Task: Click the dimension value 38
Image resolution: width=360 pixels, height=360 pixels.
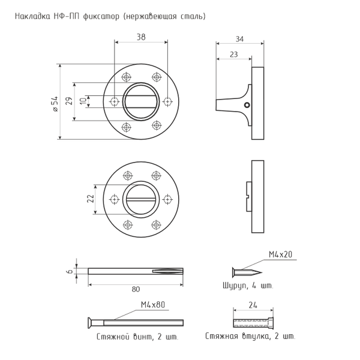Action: [141, 37]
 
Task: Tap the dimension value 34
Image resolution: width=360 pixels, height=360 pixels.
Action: [239, 39]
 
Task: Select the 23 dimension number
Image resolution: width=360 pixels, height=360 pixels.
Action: [234, 55]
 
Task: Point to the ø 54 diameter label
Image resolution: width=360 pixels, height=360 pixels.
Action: [55, 104]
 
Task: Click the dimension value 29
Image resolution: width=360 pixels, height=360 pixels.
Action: [70, 101]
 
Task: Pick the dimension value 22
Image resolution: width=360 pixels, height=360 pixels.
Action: [91, 199]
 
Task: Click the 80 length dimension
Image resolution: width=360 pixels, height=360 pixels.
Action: [136, 289]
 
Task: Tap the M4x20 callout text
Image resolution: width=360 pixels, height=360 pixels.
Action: [281, 254]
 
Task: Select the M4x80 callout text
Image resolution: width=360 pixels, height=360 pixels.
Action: [153, 305]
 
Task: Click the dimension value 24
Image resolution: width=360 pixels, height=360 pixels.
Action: [253, 305]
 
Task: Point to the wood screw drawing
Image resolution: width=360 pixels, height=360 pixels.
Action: [247, 272]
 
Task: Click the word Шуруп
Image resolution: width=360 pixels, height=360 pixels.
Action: [234, 286]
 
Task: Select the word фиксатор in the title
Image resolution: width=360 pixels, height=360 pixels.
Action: [101, 16]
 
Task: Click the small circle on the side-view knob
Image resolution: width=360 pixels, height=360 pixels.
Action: [247, 105]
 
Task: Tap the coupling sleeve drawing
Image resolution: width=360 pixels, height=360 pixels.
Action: [253, 323]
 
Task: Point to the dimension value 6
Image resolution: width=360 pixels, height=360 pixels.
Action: [70, 271]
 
